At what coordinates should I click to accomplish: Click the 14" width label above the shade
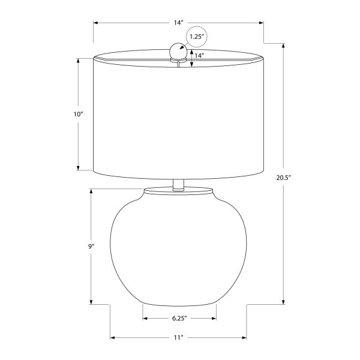[x=178, y=23]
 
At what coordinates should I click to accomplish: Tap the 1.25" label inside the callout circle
[x=197, y=37]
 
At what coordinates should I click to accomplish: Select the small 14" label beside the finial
[x=199, y=56]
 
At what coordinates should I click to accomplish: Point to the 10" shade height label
[x=78, y=114]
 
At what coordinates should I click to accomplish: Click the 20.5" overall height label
[x=284, y=178]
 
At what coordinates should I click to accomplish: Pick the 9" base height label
[x=91, y=247]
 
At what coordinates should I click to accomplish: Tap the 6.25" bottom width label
[x=179, y=319]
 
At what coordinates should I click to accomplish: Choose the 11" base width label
[x=178, y=338]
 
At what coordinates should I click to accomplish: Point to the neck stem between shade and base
[x=178, y=185]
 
